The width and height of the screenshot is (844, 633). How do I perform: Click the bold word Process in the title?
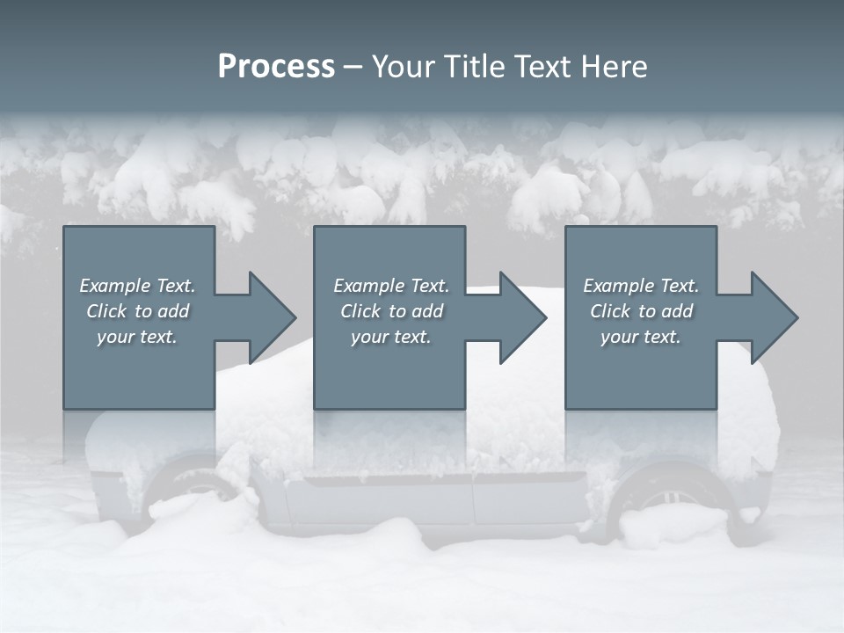click(x=276, y=67)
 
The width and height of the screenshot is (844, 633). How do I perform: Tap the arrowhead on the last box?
click(x=773, y=317)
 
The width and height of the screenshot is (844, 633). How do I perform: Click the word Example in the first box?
click(x=114, y=286)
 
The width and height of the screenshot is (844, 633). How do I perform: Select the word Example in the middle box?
click(x=368, y=286)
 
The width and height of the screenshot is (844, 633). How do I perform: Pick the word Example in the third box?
click(x=618, y=286)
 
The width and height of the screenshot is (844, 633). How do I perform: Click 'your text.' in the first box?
click(x=137, y=337)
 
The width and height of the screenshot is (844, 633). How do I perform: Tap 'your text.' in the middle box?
click(x=391, y=337)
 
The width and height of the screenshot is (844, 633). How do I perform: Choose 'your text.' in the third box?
click(x=641, y=337)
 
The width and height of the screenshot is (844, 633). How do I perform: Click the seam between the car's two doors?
click(x=472, y=501)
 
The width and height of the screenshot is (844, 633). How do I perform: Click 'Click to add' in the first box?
click(x=138, y=311)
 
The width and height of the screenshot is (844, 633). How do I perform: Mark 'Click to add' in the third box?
click(x=642, y=311)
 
